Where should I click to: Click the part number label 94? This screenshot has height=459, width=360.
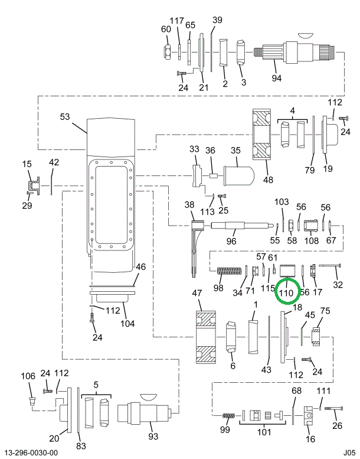tap(293, 77)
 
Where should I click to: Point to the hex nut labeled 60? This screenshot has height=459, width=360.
tap(168, 52)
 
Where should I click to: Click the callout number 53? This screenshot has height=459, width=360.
tap(65, 117)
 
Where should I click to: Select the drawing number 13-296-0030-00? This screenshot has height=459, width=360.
tap(31, 453)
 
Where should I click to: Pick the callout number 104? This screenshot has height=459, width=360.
tap(127, 324)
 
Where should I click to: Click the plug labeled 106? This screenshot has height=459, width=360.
tap(32, 403)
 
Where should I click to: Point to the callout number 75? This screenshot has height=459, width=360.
tap(325, 312)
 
